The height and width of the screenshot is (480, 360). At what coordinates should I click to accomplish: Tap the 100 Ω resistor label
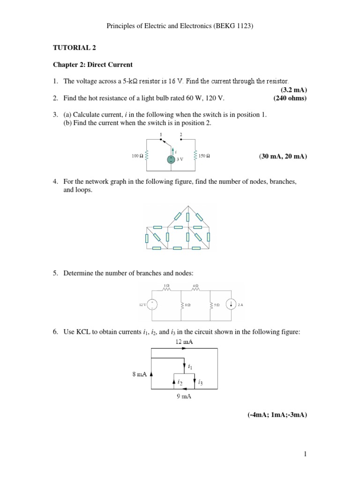[138, 156]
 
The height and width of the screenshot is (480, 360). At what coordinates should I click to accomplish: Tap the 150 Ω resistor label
[204, 156]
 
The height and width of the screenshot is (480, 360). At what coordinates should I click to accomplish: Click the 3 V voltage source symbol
[172, 159]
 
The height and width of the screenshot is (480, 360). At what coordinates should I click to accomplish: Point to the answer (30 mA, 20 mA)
[283, 156]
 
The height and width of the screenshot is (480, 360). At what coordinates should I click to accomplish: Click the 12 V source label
[143, 305]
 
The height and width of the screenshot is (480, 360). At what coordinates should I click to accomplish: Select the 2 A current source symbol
[231, 305]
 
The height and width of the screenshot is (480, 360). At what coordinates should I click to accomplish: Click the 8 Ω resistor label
[187, 305]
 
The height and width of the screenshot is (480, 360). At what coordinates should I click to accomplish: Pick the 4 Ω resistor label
[195, 285]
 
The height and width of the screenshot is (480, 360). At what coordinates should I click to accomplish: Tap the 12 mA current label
[184, 342]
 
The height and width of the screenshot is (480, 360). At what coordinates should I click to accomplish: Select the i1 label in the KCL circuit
[189, 367]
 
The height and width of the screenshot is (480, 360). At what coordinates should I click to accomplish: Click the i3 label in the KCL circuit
[201, 382]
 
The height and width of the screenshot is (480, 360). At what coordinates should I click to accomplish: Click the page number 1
[305, 454]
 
